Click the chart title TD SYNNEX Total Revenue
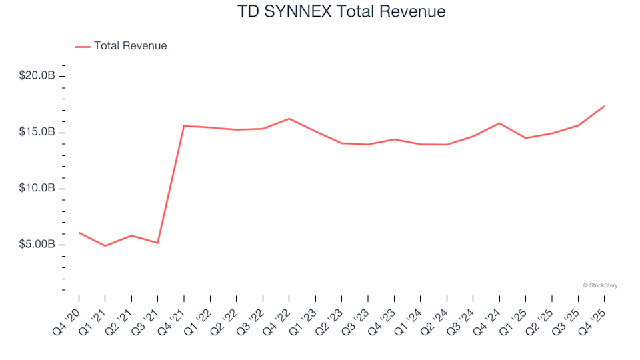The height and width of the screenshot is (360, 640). pyautogui.click(x=341, y=12)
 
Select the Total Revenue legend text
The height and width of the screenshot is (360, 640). pyautogui.click(x=130, y=46)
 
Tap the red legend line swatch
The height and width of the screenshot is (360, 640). pyautogui.click(x=83, y=47)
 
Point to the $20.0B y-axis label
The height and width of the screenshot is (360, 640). pyautogui.click(x=37, y=76)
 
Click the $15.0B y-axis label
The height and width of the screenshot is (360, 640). pyautogui.click(x=37, y=132)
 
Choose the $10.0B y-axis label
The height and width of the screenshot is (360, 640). pyautogui.click(x=37, y=189)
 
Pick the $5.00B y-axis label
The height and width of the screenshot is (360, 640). pyautogui.click(x=37, y=245)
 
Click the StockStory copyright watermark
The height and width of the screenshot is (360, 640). pyautogui.click(x=600, y=285)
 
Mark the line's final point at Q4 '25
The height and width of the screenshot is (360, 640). pyautogui.click(x=604, y=106)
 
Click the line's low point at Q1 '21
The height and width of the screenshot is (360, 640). pyautogui.click(x=105, y=246)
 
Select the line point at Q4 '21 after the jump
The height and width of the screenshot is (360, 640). pyautogui.click(x=184, y=126)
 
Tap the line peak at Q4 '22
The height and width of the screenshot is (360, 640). pyautogui.click(x=289, y=119)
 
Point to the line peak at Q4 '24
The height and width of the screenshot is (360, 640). pyautogui.click(x=499, y=123)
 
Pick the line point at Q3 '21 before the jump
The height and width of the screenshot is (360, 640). pyautogui.click(x=157, y=243)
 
